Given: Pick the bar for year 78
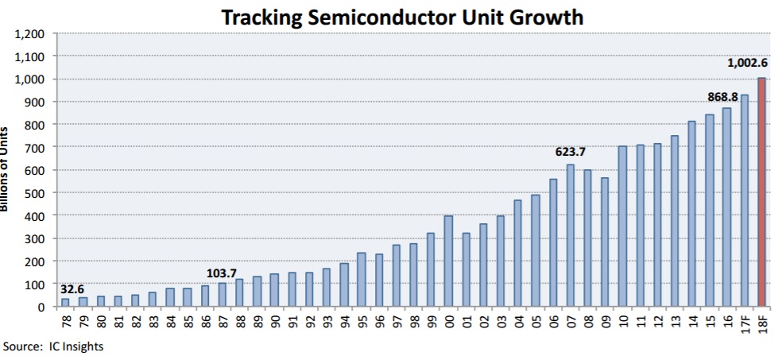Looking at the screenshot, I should (65, 302).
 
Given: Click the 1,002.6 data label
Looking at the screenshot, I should (746, 64).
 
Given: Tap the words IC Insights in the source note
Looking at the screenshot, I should (75, 346).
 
